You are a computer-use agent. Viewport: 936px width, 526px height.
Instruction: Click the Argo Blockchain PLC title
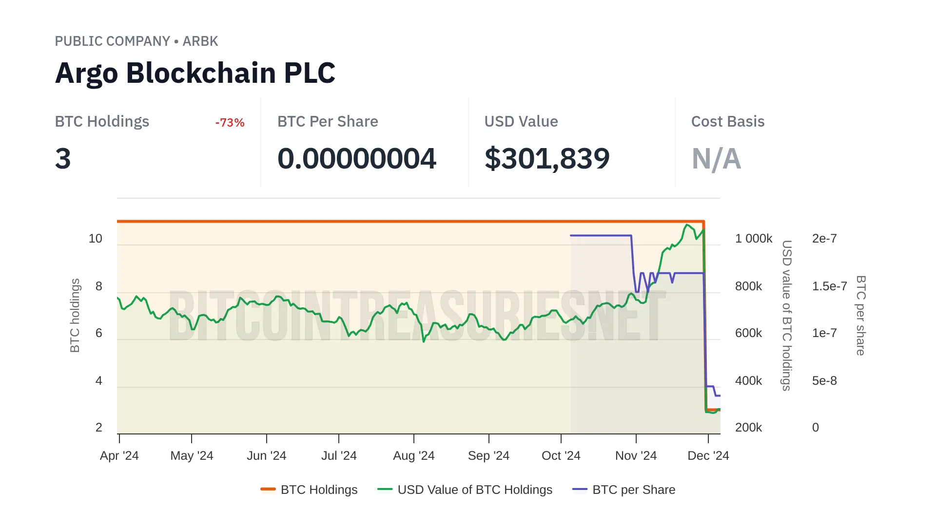coord(195,73)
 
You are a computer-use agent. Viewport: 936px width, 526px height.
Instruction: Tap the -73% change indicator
coord(230,122)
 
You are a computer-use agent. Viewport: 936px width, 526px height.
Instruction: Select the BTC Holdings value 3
coord(63,159)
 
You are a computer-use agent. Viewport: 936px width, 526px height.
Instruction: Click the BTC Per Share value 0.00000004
coord(356,159)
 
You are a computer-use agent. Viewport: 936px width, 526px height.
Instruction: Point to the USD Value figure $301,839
coord(546,159)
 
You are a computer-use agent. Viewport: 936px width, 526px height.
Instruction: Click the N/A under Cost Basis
coord(716,159)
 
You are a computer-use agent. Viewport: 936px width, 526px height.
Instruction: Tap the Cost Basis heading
coord(727,121)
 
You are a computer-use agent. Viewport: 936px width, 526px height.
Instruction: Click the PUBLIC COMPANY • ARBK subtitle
coord(136,41)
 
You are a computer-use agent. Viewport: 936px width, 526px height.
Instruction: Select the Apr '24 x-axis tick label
coord(119,455)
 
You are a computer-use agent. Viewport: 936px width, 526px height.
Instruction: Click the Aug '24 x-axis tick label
coord(413,455)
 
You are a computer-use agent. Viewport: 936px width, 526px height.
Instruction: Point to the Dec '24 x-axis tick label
coord(708,455)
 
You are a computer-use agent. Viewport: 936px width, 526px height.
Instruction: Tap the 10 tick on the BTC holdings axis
coord(96,239)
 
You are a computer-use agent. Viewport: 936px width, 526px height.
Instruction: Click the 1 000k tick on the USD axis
coord(753,239)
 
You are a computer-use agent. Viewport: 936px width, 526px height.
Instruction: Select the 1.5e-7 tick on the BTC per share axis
coord(829,286)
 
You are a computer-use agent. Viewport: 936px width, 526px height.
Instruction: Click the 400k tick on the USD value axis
coord(748,380)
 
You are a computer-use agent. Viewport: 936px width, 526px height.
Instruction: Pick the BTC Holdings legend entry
coord(309,489)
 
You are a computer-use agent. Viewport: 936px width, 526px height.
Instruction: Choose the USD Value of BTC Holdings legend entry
coord(465,489)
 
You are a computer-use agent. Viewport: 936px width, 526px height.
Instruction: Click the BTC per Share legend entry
coord(624,489)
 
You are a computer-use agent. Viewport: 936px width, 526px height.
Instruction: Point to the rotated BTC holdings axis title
coord(75,315)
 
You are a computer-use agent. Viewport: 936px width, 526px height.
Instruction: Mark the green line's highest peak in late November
coord(687,225)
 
